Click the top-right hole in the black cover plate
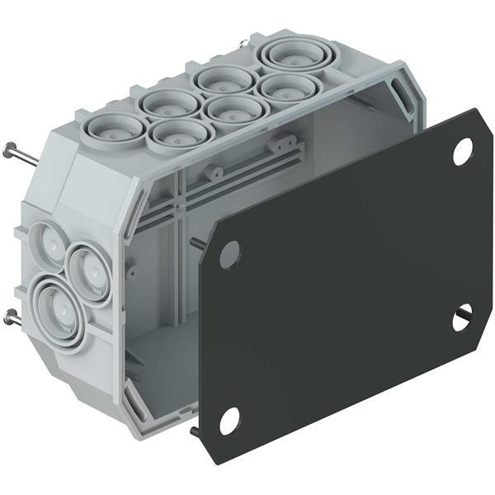click(x=462, y=151)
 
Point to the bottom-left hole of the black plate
click(x=229, y=420)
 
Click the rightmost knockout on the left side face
click(x=89, y=270)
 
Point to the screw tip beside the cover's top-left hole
click(x=197, y=243)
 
